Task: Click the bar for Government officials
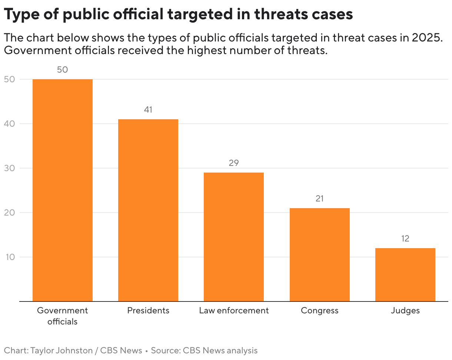tap(63, 190)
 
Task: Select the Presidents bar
tap(148, 210)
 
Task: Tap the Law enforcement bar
tap(234, 237)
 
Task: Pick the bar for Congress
tap(319, 254)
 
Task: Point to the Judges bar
tap(405, 274)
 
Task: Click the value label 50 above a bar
tap(63, 70)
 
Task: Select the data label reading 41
tap(148, 110)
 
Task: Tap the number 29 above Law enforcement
tap(234, 163)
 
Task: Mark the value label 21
tap(319, 199)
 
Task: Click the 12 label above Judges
tap(405, 239)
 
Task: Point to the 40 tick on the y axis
tap(10, 124)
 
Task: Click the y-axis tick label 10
tap(10, 257)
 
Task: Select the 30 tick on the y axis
tap(10, 168)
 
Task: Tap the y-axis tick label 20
tap(10, 213)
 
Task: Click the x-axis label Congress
tap(319, 310)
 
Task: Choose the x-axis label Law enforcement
tap(234, 310)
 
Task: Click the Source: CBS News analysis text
tap(204, 350)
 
